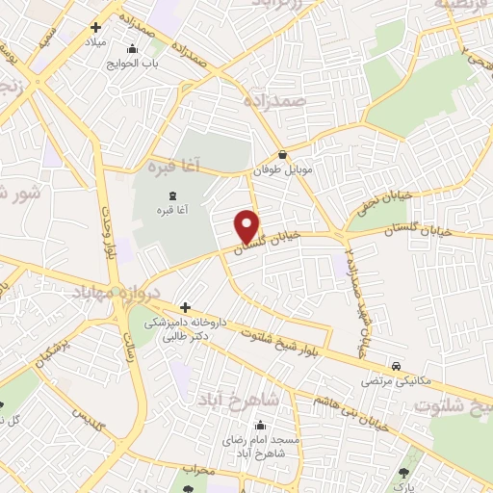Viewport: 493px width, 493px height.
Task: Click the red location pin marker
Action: (247, 226)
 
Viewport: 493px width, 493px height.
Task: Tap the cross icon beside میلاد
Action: (94, 30)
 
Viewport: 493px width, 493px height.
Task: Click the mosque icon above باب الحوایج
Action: (133, 49)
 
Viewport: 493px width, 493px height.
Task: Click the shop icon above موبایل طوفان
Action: (281, 154)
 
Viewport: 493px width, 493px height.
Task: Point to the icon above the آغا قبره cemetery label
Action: (159, 195)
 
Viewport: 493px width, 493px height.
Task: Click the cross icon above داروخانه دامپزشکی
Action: (184, 307)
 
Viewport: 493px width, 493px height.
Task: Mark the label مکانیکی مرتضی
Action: (396, 381)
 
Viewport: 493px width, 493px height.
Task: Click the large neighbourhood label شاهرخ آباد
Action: (239, 399)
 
